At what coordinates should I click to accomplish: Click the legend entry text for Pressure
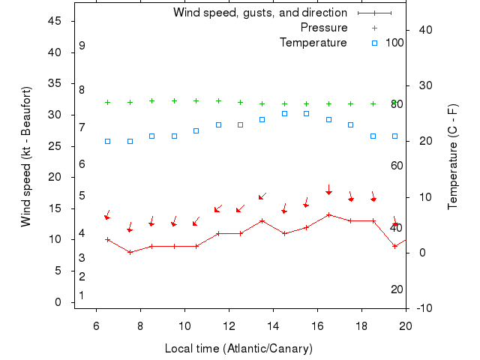point(323,28)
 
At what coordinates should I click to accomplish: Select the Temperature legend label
point(313,43)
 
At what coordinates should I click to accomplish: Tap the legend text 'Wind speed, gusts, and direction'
point(259,13)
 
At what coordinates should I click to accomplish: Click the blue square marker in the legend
point(374,43)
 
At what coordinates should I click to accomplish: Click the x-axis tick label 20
point(406,326)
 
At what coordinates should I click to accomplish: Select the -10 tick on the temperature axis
point(424,308)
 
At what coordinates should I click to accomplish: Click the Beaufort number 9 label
point(82,46)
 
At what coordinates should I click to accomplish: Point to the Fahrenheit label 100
point(394,42)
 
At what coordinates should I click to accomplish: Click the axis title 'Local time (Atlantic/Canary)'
point(238,349)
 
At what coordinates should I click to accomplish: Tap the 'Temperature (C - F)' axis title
point(453,157)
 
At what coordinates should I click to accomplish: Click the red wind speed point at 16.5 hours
point(328,214)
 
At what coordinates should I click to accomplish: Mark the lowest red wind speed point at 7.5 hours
point(130,252)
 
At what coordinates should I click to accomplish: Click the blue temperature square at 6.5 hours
point(107,141)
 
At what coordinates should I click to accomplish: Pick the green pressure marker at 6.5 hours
point(107,102)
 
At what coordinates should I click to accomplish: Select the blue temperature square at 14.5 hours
point(284,113)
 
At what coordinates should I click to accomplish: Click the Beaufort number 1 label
point(82,295)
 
